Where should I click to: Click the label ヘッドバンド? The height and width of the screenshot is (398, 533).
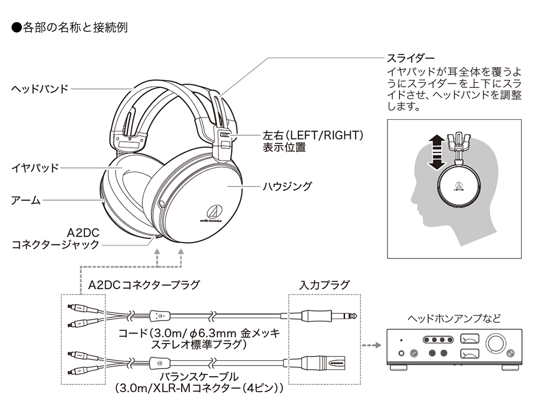tap(40, 89)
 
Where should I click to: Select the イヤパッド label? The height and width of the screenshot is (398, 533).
tap(35, 168)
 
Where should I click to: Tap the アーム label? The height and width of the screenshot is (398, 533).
tap(26, 201)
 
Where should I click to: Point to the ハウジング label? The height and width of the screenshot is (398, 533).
tap(287, 186)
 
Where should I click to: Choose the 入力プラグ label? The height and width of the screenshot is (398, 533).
tap(324, 285)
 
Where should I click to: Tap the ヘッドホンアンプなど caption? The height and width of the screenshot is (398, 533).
tap(453, 319)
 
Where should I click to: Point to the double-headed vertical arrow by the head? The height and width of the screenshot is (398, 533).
tap(437, 152)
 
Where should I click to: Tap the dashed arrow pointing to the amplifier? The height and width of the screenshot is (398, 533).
tap(372, 344)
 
